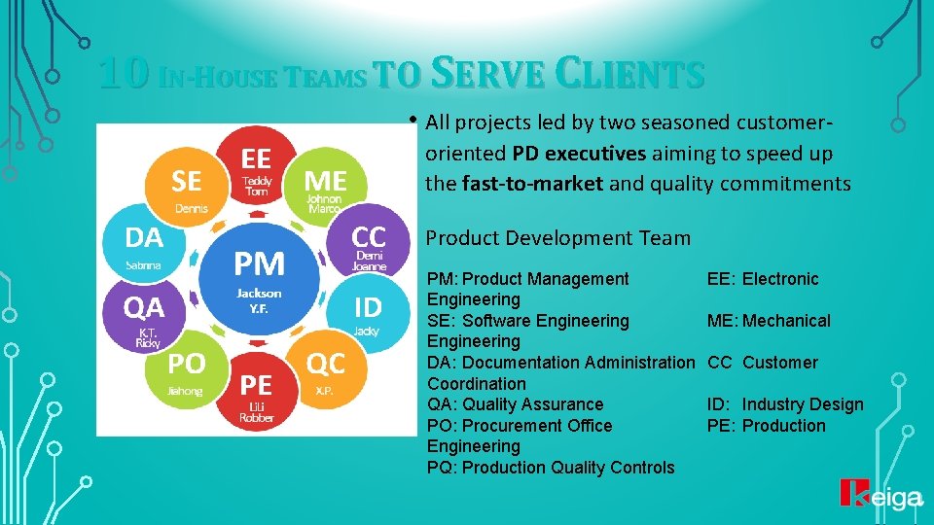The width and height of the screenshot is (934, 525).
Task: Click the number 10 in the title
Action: click(124, 74)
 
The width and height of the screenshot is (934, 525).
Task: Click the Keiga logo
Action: click(880, 496)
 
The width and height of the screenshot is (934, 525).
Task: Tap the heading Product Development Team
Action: click(558, 238)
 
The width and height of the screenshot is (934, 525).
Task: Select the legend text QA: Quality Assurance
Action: click(516, 404)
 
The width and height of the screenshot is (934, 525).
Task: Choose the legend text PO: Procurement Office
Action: click(521, 426)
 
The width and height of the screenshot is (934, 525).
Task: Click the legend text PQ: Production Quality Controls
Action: click(551, 468)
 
